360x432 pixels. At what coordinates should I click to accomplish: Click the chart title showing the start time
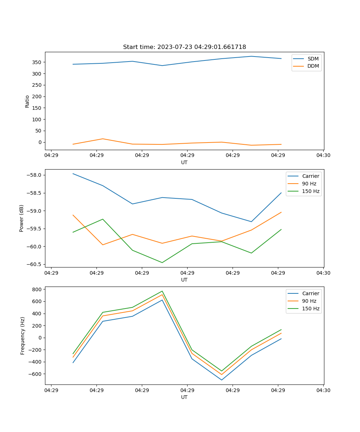pos(184,47)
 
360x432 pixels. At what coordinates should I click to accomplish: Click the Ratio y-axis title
pos(27,101)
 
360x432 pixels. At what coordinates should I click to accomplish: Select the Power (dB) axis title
pos(22,218)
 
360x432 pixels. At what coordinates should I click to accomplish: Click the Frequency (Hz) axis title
pos(23,336)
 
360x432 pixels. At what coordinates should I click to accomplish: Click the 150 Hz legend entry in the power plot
pos(311,191)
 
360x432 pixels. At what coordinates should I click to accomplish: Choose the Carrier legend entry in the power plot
pos(310,176)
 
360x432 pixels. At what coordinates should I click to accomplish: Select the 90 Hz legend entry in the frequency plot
pos(309,301)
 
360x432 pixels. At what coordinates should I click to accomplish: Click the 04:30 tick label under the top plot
pos(323,156)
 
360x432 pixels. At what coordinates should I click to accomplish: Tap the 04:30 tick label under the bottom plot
pos(323,390)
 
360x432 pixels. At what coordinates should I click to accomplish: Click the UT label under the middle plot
pos(184,280)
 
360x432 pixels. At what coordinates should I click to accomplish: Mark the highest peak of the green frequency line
pos(162,291)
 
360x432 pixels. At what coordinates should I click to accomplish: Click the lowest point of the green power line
pos(162,262)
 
